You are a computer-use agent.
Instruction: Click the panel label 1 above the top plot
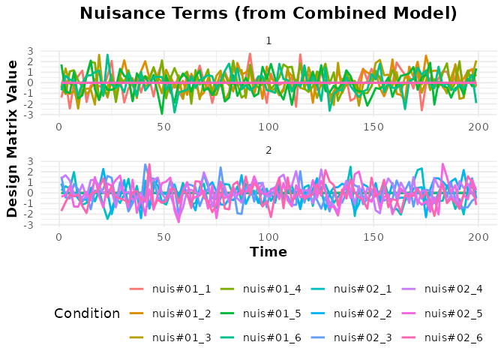click(x=269, y=40)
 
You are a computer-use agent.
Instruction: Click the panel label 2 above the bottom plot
click(x=269, y=151)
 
